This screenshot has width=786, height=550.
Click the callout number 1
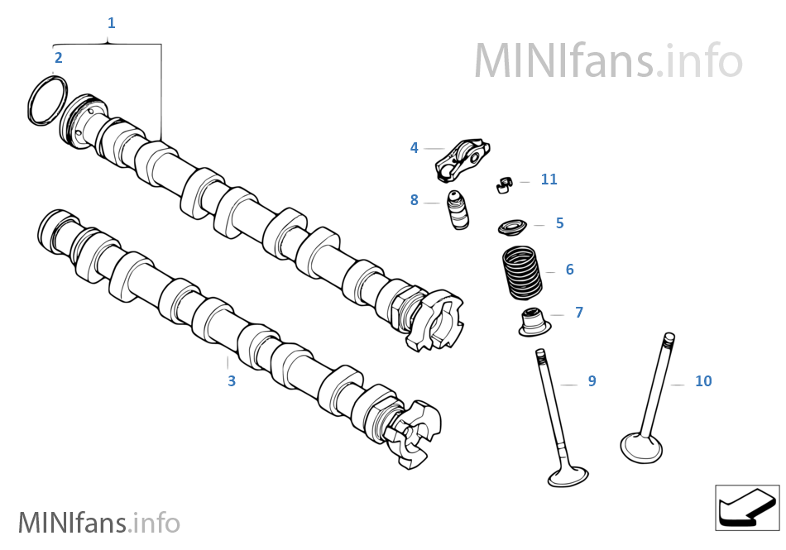[111, 23]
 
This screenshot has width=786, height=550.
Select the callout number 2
[58, 58]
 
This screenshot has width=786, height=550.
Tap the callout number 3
[232, 381]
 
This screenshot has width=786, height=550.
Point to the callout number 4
[415, 148]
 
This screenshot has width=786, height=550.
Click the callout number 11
[549, 179]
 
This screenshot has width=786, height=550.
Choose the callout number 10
[703, 381]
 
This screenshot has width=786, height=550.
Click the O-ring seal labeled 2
[47, 101]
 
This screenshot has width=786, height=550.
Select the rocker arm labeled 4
[463, 160]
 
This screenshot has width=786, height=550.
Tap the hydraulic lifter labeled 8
[458, 211]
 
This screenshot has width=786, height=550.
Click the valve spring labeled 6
[523, 273]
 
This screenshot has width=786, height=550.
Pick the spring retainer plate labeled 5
[514, 227]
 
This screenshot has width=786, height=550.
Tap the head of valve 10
[641, 447]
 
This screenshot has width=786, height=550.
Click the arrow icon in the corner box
[747, 507]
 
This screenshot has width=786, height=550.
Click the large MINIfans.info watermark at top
[608, 60]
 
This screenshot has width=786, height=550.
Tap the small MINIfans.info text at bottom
[98, 522]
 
